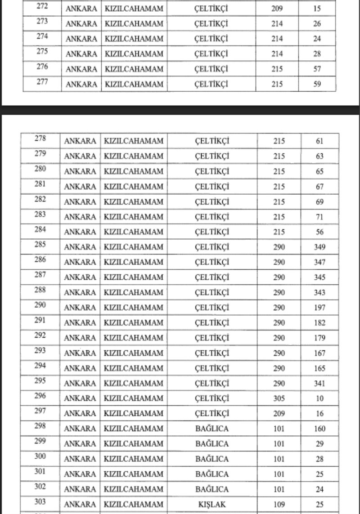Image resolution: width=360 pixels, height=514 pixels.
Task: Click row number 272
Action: click(42, 7)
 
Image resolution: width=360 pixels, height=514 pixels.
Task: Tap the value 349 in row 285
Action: click(319, 247)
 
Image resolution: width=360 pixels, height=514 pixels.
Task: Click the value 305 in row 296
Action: click(279, 398)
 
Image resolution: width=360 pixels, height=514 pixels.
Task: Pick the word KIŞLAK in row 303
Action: click(212, 505)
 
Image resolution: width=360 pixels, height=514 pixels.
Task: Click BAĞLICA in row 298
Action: click(212, 429)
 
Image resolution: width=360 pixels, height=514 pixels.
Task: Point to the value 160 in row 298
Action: click(319, 429)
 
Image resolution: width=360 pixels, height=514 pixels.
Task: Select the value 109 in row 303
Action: click(279, 505)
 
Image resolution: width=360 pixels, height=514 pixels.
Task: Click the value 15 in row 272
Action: click(317, 9)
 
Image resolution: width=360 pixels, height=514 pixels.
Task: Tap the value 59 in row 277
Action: click(317, 84)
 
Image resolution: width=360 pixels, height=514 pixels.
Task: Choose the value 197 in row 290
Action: click(319, 308)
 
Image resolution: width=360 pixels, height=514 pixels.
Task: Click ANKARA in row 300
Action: click(80, 459)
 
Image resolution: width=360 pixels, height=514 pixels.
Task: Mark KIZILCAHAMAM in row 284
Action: click(133, 232)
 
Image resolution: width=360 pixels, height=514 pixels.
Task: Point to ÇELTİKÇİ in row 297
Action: click(212, 414)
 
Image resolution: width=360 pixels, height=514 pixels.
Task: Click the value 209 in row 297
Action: click(279, 414)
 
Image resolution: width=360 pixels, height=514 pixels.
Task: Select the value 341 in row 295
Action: click(319, 384)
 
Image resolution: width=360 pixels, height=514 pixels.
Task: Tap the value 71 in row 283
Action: click(319, 217)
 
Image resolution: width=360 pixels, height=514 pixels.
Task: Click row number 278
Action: click(40, 139)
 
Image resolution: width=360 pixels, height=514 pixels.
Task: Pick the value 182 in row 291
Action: click(319, 323)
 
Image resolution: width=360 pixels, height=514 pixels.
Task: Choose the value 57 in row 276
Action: click(317, 69)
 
